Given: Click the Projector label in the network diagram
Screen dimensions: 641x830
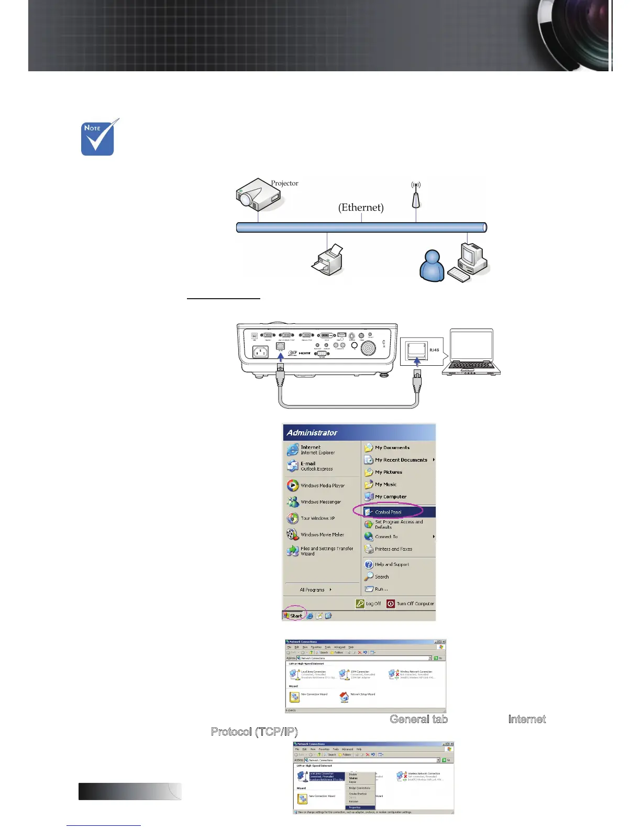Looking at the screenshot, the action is coord(284,183).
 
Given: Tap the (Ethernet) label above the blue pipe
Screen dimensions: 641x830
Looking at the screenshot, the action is coord(361,207).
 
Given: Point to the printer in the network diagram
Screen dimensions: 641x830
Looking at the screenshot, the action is coord(327,260).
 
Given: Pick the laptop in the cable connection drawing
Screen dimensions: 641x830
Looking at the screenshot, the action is coord(471,352).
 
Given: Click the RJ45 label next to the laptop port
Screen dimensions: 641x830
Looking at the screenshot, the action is coord(434,350).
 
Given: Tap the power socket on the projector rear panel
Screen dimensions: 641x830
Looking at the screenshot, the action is coord(260,352).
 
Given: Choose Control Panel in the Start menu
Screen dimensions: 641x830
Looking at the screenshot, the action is coord(389,512).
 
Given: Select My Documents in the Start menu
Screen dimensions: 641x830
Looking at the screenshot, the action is coord(392,447).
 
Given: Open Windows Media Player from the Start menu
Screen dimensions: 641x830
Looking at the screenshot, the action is coord(322,486).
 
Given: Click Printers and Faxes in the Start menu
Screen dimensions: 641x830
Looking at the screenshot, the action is coord(393,549).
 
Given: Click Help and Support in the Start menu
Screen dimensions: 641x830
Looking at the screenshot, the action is coord(392,564).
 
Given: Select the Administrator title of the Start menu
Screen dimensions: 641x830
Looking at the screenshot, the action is coord(312,433).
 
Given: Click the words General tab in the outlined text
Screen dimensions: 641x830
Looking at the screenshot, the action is coord(418,719).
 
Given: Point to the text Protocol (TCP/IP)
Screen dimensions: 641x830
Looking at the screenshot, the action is coord(254,731).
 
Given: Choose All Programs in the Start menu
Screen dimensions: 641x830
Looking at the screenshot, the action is coord(313,590).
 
